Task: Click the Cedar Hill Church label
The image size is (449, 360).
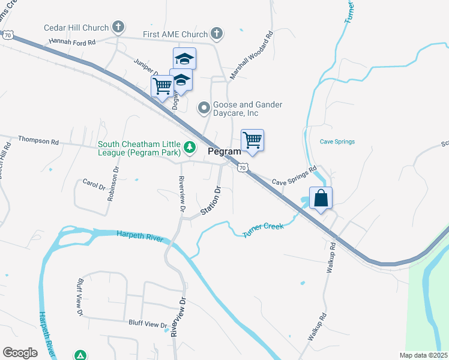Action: pyautogui.click(x=76, y=28)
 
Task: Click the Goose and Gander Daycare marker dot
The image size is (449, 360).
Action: pyautogui.click(x=204, y=109)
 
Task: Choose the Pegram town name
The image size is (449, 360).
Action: pyautogui.click(x=224, y=152)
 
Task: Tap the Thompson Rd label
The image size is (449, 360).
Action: pyautogui.click(x=38, y=142)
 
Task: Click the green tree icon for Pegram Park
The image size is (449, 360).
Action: pyautogui.click(x=190, y=147)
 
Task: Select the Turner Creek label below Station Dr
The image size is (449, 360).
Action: pyautogui.click(x=262, y=229)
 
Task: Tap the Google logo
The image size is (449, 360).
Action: pyautogui.click(x=20, y=353)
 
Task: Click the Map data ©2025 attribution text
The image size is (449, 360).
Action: pyautogui.click(x=423, y=355)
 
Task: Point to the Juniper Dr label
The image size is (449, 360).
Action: pyautogui.click(x=145, y=67)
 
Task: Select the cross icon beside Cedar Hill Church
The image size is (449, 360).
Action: pyautogui.click(x=118, y=27)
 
